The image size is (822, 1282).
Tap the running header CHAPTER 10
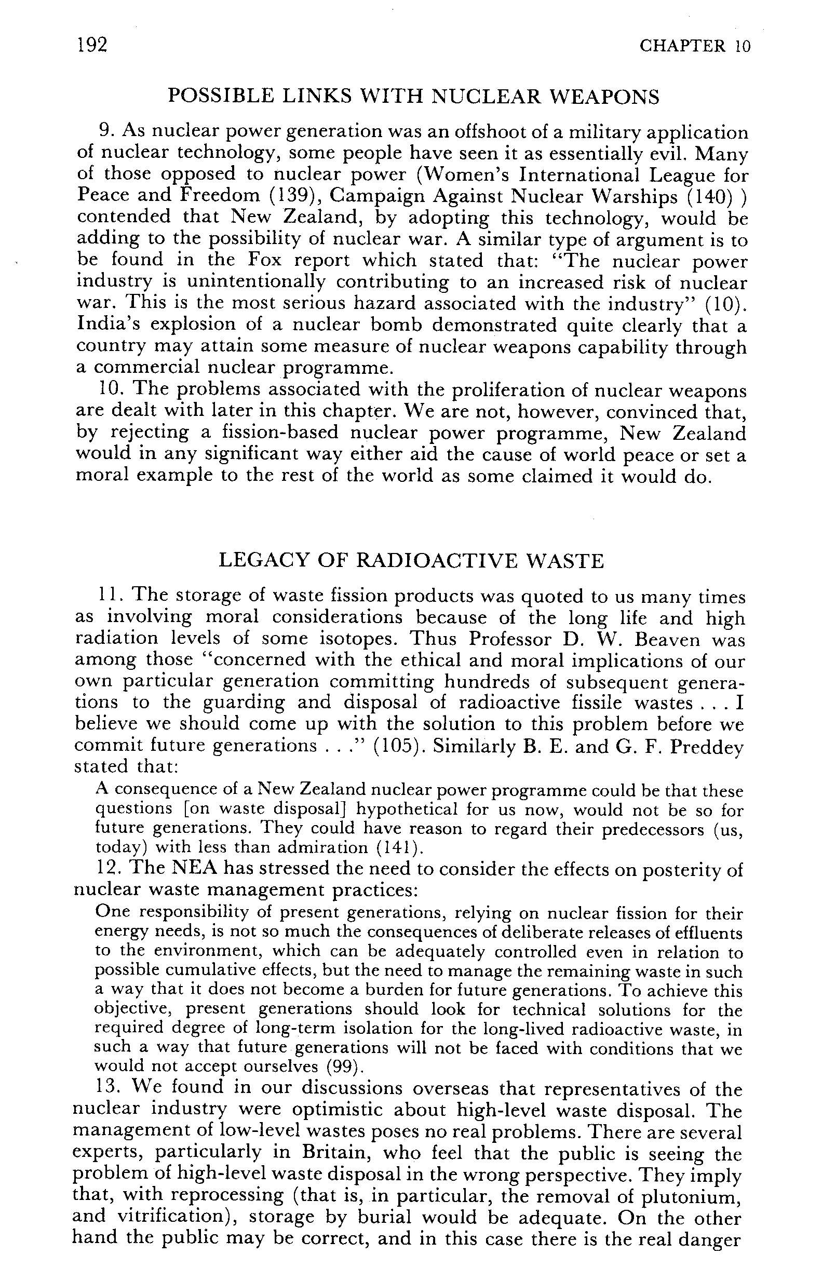pyautogui.click(x=694, y=46)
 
